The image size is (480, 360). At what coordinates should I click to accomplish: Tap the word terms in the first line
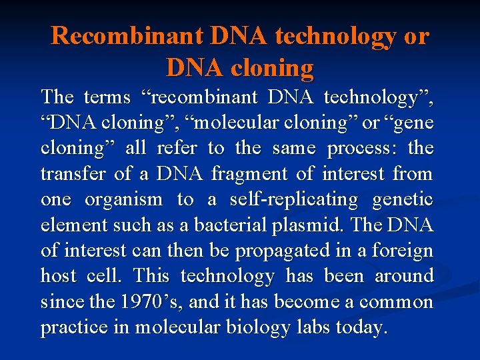[x=107, y=98]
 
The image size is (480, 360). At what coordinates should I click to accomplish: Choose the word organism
[x=123, y=200]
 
